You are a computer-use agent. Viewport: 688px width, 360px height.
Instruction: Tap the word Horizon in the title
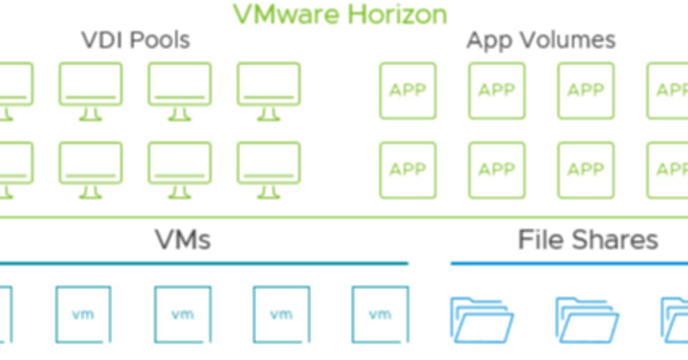click(x=398, y=14)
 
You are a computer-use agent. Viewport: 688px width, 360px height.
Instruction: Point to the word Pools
click(x=161, y=41)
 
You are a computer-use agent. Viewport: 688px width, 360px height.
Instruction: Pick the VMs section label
click(x=183, y=240)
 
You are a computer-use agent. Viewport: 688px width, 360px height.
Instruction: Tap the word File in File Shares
click(x=540, y=240)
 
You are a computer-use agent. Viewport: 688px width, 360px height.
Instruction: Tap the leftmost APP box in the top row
click(x=408, y=91)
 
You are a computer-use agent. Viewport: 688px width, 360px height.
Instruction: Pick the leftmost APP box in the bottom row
click(x=408, y=170)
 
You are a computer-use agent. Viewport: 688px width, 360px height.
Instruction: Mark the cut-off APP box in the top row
click(x=669, y=91)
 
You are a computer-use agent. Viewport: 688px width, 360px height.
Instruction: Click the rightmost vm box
click(x=380, y=314)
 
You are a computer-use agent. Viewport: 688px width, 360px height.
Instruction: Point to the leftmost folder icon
click(x=482, y=320)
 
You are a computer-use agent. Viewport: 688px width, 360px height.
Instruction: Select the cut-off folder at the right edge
click(x=675, y=320)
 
